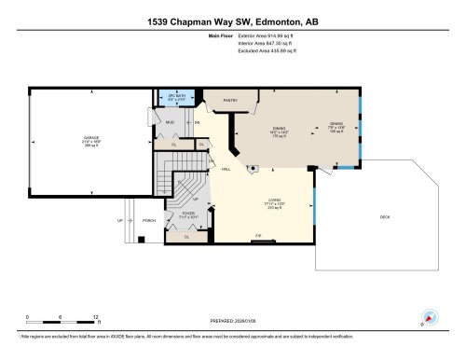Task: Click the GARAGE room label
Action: point(90,138)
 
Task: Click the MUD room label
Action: point(171,122)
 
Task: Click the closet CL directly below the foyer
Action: point(186,237)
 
